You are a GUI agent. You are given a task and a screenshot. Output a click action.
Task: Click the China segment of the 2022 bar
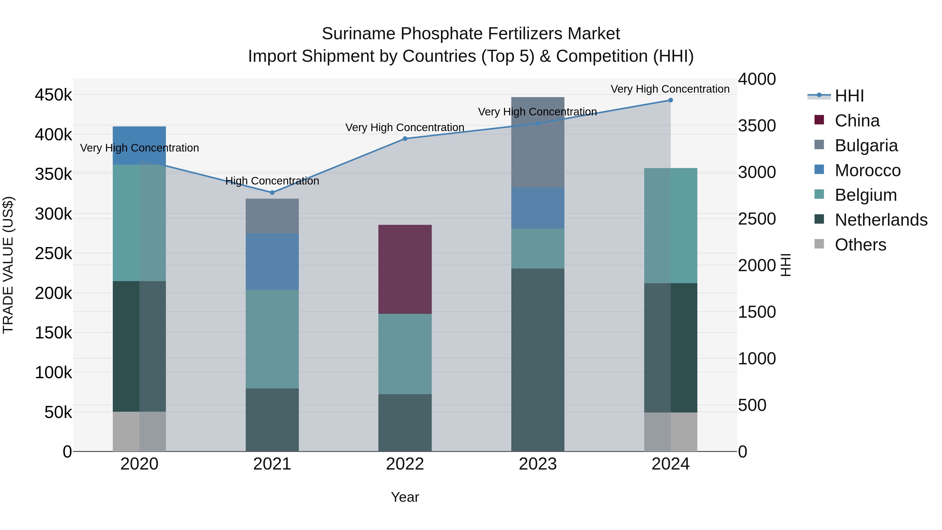pos(405,269)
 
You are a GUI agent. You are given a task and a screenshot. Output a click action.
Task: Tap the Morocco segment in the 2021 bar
pos(272,261)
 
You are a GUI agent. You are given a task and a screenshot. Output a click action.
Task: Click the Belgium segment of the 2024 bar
pos(670,225)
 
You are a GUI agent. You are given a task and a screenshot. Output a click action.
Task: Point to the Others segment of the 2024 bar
pos(670,432)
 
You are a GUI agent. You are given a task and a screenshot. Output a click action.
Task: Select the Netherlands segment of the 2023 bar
pos(537,360)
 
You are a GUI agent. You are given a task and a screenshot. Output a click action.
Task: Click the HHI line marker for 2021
pos(272,192)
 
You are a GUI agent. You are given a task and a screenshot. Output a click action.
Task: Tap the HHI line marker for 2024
pos(670,100)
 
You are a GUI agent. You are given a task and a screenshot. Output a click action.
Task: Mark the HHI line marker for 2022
pos(405,139)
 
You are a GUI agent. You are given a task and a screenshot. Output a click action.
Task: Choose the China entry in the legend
pos(857,121)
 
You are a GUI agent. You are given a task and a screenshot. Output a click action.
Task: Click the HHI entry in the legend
pos(849,96)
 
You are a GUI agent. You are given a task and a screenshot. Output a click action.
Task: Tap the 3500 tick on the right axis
pos(756,125)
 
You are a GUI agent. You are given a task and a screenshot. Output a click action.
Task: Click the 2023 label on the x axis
pos(537,464)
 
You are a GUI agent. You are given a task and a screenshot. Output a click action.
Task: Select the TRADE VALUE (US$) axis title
pos(8,265)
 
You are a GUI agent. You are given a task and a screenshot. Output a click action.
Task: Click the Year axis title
pos(405,497)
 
